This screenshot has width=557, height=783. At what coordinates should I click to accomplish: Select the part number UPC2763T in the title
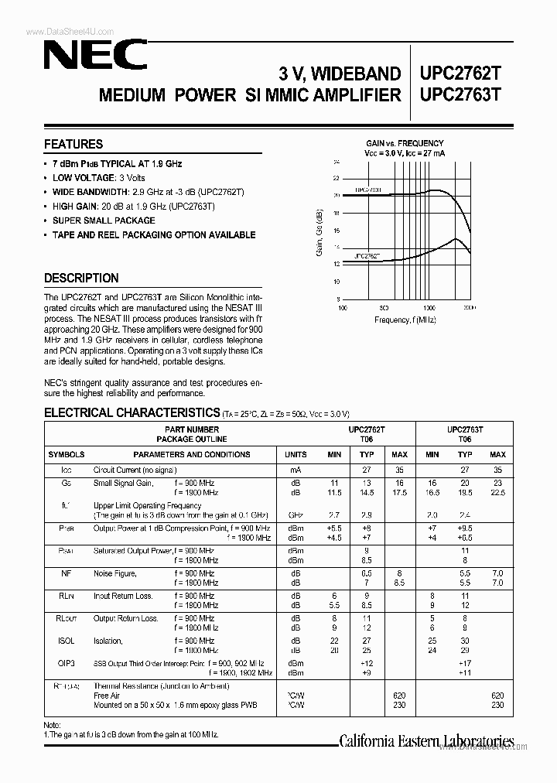(460, 95)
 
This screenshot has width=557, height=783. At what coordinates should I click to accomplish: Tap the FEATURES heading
(73, 144)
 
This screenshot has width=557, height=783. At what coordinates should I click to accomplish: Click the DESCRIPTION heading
(81, 278)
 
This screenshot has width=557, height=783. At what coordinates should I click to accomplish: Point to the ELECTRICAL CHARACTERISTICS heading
(132, 412)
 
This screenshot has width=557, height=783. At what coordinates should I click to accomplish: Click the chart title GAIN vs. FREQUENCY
(405, 143)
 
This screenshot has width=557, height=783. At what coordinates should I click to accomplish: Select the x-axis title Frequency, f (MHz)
(405, 319)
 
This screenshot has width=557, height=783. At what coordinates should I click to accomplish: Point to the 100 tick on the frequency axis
(343, 307)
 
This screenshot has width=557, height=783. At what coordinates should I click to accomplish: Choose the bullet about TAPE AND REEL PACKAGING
(153, 234)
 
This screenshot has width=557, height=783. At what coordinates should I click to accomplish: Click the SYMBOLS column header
(67, 455)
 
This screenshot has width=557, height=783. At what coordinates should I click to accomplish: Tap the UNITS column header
(296, 455)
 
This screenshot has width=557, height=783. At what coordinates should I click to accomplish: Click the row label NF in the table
(67, 573)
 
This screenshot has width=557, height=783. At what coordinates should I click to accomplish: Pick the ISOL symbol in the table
(67, 641)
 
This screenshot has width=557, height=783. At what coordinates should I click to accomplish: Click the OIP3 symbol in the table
(67, 663)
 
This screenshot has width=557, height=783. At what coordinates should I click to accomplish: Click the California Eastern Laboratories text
(427, 740)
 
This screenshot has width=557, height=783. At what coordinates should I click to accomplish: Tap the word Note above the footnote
(53, 723)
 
